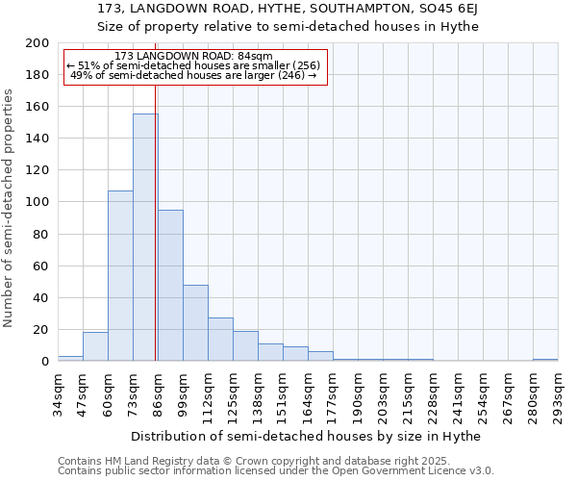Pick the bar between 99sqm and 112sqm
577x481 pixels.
tap(195, 323)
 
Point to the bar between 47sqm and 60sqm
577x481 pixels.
tap(95, 346)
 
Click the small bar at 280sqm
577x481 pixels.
tap(545, 360)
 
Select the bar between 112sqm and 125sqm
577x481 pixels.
tap(220, 340)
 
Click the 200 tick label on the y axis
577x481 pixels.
tap(38, 43)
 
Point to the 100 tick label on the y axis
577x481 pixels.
tap(38, 202)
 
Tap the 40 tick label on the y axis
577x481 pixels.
tap(41, 297)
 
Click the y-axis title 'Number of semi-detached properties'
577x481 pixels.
tap(9, 208)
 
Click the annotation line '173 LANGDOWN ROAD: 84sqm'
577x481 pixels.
tap(193, 56)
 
